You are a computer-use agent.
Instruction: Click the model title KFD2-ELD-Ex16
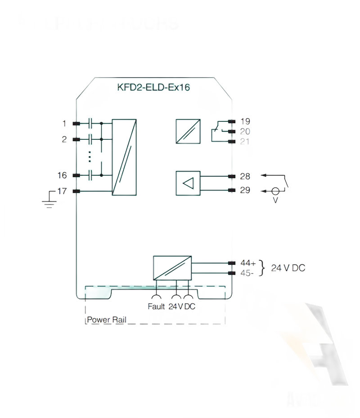click(x=153, y=88)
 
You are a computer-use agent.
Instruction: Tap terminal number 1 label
click(x=64, y=123)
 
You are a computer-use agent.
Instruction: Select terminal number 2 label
click(x=64, y=139)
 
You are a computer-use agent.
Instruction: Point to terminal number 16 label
click(x=62, y=175)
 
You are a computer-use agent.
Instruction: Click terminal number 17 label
click(x=62, y=191)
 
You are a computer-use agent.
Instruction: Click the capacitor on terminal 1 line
click(x=91, y=123)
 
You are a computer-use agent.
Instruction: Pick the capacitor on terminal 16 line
click(x=91, y=175)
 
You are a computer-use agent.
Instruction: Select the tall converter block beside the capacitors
click(x=124, y=157)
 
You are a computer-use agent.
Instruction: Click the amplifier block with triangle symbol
click(x=188, y=183)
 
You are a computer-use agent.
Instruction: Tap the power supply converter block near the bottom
click(x=172, y=268)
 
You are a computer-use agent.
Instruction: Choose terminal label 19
click(x=245, y=121)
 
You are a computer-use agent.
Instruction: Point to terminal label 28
click(x=245, y=176)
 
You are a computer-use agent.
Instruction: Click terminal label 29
click(x=245, y=190)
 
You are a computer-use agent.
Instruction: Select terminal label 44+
click(x=248, y=263)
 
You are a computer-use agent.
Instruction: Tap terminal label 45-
click(x=247, y=273)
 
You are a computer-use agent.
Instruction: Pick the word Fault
click(x=157, y=307)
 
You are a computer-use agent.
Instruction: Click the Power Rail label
click(x=107, y=320)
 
